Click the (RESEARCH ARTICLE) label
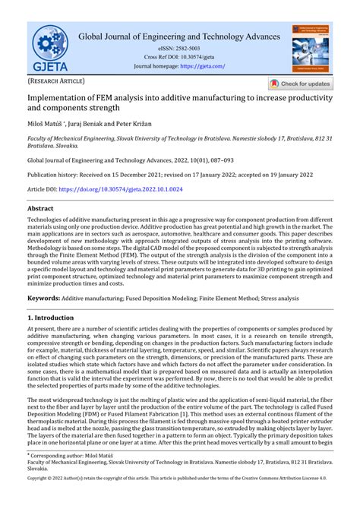56,81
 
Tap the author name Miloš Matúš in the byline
48,122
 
